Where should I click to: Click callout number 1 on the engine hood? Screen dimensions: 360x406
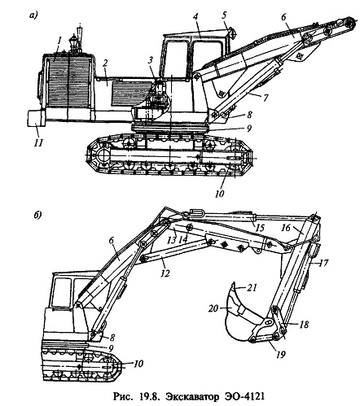tap(59, 41)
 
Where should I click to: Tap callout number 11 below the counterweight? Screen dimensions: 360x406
tap(38, 142)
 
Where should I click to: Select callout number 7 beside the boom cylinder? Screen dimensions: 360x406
tap(265, 98)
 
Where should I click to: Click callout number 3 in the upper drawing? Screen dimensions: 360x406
tap(150, 60)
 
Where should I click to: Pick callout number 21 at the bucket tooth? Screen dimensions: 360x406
tap(252, 287)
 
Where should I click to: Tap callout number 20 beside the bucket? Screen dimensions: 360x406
tap(213, 308)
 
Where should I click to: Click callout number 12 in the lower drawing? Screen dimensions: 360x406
tap(165, 273)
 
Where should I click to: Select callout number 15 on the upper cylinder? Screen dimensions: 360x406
tap(260, 228)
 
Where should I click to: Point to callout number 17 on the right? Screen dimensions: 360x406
tap(323, 263)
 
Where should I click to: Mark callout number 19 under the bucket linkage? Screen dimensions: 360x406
tap(280, 354)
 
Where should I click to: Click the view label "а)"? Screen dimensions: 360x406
tap(33, 15)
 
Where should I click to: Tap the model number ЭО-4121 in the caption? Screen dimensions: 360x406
tap(244, 397)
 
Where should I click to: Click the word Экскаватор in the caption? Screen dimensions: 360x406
tap(192, 397)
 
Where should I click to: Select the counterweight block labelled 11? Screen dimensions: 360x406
tap(37, 118)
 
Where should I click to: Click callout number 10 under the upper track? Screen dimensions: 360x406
tap(219, 194)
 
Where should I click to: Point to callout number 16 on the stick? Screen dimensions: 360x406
tap(286, 227)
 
